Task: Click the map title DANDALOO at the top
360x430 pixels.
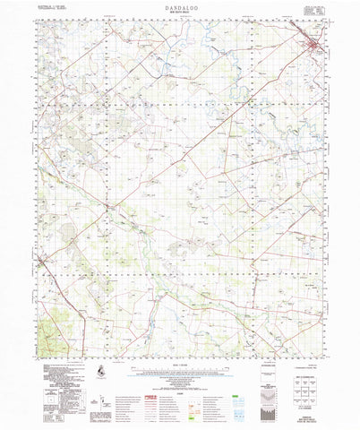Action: point(180,5)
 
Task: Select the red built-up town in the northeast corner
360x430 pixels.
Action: point(314,44)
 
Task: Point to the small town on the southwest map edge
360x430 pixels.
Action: point(42,260)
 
